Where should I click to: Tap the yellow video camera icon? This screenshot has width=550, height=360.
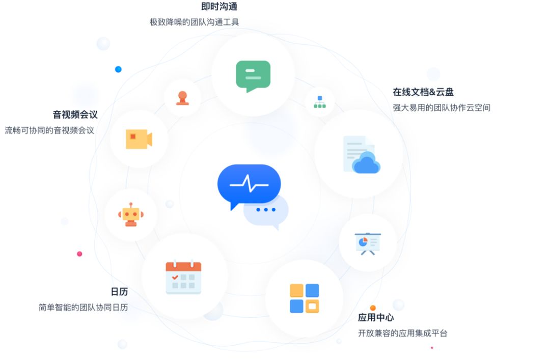pyautogui.click(x=139, y=139)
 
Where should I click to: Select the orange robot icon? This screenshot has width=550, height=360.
pyautogui.click(x=131, y=214)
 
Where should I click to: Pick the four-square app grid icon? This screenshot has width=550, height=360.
pyautogui.click(x=304, y=298)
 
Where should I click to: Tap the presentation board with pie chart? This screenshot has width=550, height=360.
pyautogui.click(x=368, y=243)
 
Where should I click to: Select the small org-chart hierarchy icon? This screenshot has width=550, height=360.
pyautogui.click(x=320, y=102)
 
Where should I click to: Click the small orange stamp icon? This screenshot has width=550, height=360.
pyautogui.click(x=182, y=97)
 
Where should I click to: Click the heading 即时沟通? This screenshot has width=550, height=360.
pyautogui.click(x=219, y=7)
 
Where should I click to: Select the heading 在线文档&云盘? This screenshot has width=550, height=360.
pyautogui.click(x=423, y=92)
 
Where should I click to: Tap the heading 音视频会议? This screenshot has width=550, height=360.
pyautogui.click(x=75, y=115)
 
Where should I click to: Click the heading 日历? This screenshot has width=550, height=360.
pyautogui.click(x=119, y=292)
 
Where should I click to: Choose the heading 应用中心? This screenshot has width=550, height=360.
pyautogui.click(x=375, y=318)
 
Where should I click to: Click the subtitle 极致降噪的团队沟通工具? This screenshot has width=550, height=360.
pyautogui.click(x=194, y=22)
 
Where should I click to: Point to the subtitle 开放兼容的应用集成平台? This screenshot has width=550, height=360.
pyautogui.click(x=402, y=334)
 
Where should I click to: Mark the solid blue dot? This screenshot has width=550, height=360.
pyautogui.click(x=118, y=69)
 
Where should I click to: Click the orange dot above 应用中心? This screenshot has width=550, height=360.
pyautogui.click(x=373, y=308)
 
